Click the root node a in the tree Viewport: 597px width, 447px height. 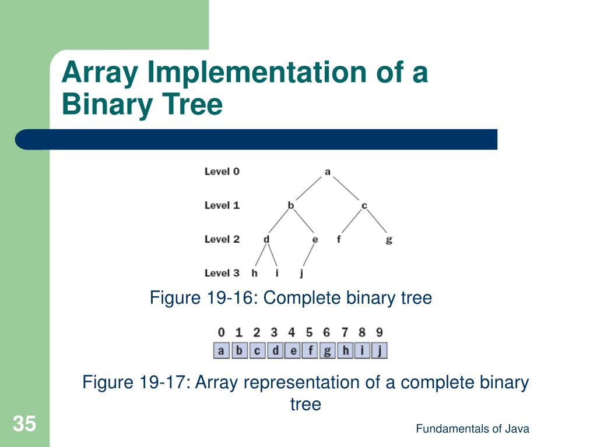click(x=327, y=172)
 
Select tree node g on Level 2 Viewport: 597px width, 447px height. click(x=389, y=240)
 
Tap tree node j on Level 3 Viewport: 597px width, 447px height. click(x=301, y=274)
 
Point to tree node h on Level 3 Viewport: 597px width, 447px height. click(x=254, y=273)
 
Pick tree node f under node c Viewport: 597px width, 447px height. click(x=339, y=239)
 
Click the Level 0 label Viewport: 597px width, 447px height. click(x=222, y=172)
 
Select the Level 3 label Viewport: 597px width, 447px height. click(x=222, y=273)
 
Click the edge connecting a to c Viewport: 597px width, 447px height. click(x=346, y=189)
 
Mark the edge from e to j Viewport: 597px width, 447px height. click(x=308, y=256)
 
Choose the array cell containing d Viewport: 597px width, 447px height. click(x=276, y=350)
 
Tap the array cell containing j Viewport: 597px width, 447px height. click(x=380, y=350)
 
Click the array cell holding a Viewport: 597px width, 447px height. click(x=221, y=350)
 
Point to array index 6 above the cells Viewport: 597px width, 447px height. click(x=326, y=332)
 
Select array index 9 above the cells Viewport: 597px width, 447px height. click(x=379, y=332)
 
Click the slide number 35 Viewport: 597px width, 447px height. click(x=24, y=424)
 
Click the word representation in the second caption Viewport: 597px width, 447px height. click(x=301, y=382)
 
